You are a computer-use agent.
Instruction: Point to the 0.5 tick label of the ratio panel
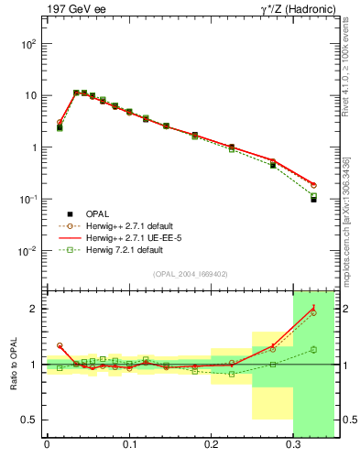pos(29,420)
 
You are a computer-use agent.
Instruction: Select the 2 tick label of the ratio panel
pos(34,309)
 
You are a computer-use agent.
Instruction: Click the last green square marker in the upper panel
pos(313,195)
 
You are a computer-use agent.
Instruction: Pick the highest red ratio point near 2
pos(313,308)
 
